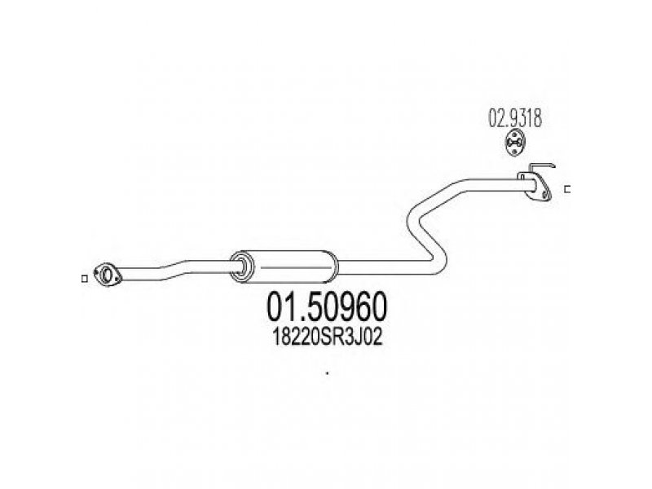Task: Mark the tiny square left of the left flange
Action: [86, 280]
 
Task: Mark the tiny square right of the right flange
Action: [567, 189]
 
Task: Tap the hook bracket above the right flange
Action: [548, 169]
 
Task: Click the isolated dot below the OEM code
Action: [326, 374]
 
